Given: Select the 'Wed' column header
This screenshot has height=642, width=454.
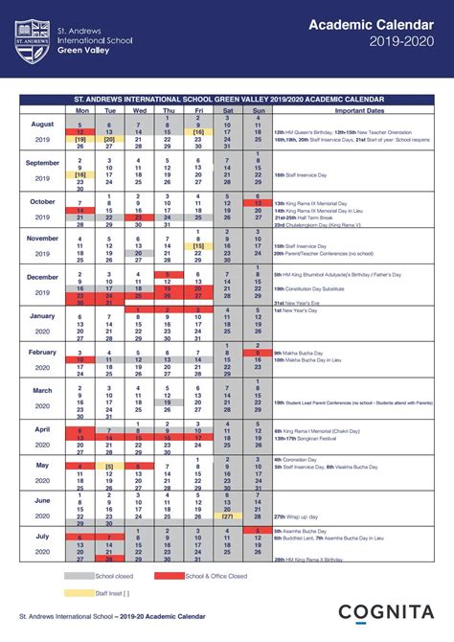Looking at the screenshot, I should click(139, 110).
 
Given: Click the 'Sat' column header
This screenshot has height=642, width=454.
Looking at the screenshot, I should click(228, 110).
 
